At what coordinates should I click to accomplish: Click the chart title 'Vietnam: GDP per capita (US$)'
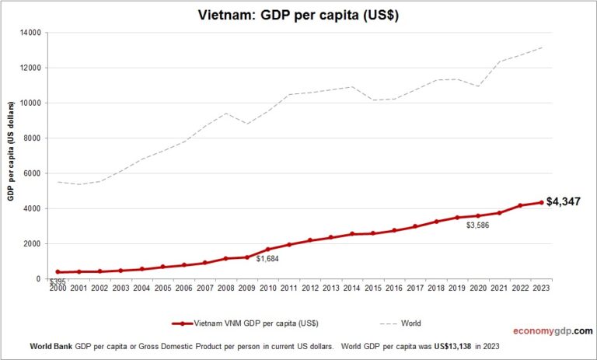[298, 16]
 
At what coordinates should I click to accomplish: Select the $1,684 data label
[268, 259]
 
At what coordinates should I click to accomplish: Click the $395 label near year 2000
[58, 281]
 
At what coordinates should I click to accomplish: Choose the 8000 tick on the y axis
[33, 138]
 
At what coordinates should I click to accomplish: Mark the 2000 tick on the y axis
[33, 243]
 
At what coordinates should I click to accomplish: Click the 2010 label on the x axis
[269, 288]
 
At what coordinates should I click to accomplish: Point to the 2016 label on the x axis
[395, 288]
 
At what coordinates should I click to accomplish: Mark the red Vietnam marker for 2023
[541, 202]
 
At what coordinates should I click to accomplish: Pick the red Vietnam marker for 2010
[268, 250]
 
